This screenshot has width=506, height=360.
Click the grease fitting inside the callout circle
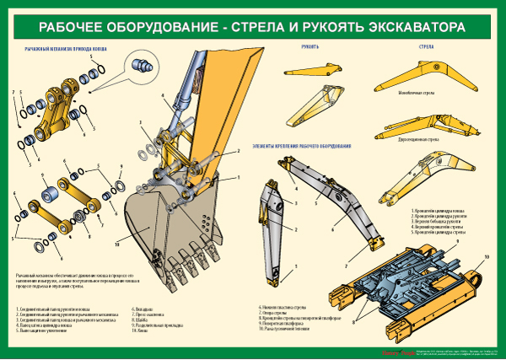[141, 64]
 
